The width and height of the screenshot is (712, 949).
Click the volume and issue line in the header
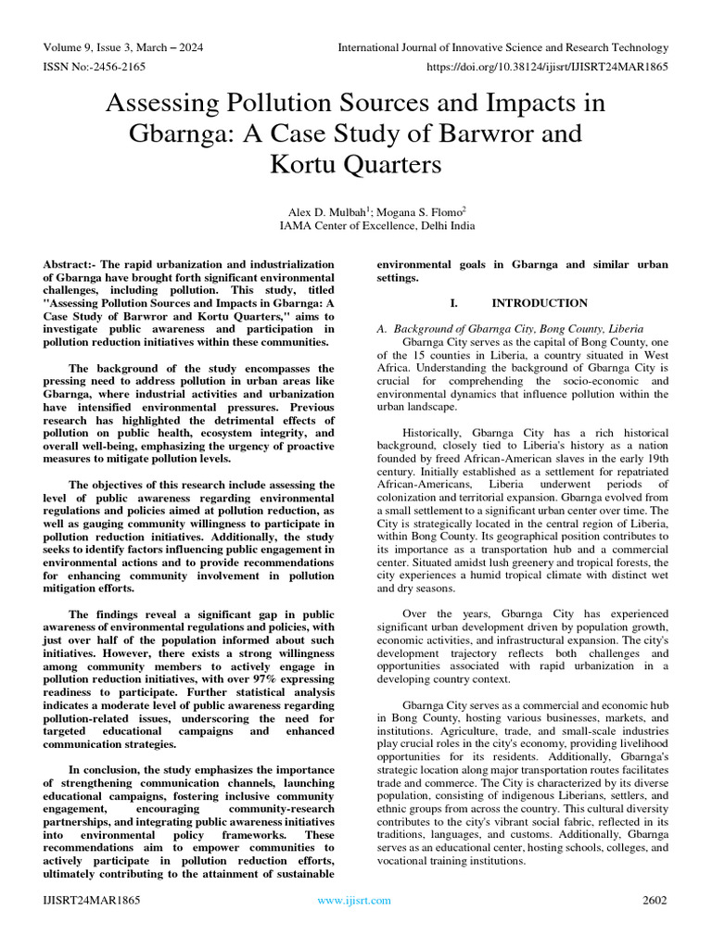pyautogui.click(x=123, y=47)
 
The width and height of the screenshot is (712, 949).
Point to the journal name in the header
pyautogui.click(x=502, y=47)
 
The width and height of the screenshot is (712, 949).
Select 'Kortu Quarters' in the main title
pyautogui.click(x=355, y=165)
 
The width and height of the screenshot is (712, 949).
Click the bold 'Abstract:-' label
pyautogui.click(x=72, y=265)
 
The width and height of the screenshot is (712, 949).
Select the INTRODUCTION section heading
pyautogui.click(x=540, y=303)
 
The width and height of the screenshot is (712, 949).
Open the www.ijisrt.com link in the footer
pyautogui.click(x=355, y=900)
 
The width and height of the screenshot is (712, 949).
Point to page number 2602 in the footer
pyautogui.click(x=655, y=900)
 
